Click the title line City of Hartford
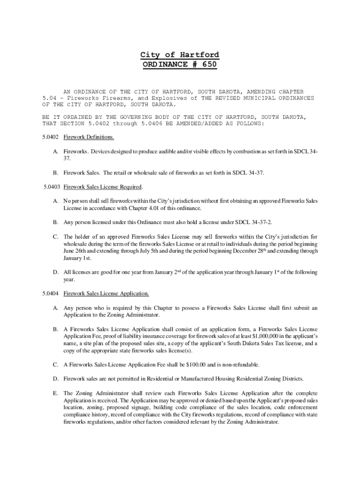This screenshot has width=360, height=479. pos(180,55)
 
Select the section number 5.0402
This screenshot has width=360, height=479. pos(50,138)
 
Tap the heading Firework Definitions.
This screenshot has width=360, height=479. pos(89,138)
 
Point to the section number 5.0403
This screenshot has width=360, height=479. pos(50,187)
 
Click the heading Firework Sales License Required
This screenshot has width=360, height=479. pos(102,187)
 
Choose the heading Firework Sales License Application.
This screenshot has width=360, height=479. pos(106,294)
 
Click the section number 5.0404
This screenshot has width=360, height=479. pos(50,294)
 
